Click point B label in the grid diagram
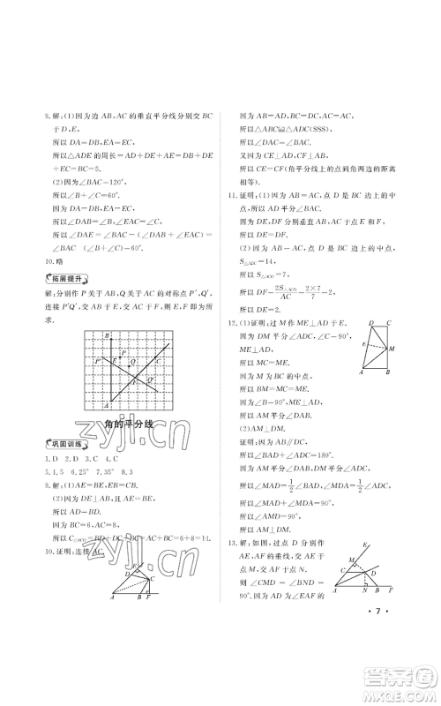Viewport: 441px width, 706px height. [106, 337]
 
